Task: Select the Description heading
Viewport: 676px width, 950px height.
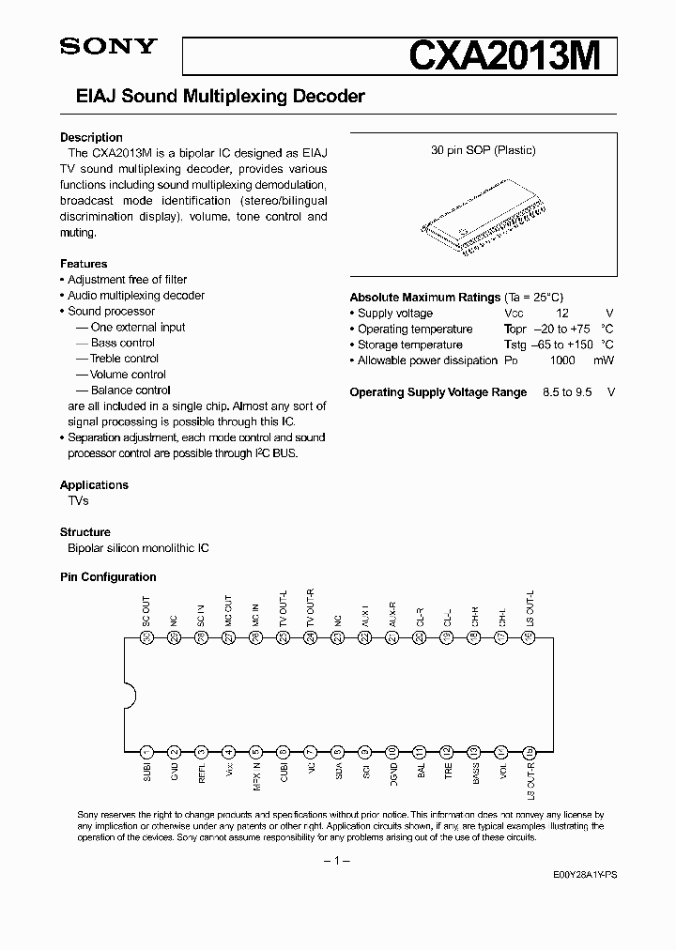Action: (91, 137)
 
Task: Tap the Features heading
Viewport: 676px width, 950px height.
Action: (84, 264)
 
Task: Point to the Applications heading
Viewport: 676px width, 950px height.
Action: (94, 485)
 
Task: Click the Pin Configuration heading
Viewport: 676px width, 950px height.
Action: (108, 577)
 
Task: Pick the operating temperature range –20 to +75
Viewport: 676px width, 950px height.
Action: (561, 329)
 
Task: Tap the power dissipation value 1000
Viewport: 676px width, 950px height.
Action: (561, 361)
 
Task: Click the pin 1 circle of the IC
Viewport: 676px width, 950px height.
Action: (146, 751)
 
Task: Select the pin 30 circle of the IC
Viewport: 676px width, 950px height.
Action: (146, 637)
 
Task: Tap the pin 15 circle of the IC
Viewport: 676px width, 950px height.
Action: (530, 751)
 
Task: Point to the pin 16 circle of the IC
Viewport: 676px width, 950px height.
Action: (530, 637)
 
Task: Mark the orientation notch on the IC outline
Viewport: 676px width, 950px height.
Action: (130, 695)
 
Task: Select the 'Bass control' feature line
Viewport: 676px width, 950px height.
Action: (122, 344)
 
